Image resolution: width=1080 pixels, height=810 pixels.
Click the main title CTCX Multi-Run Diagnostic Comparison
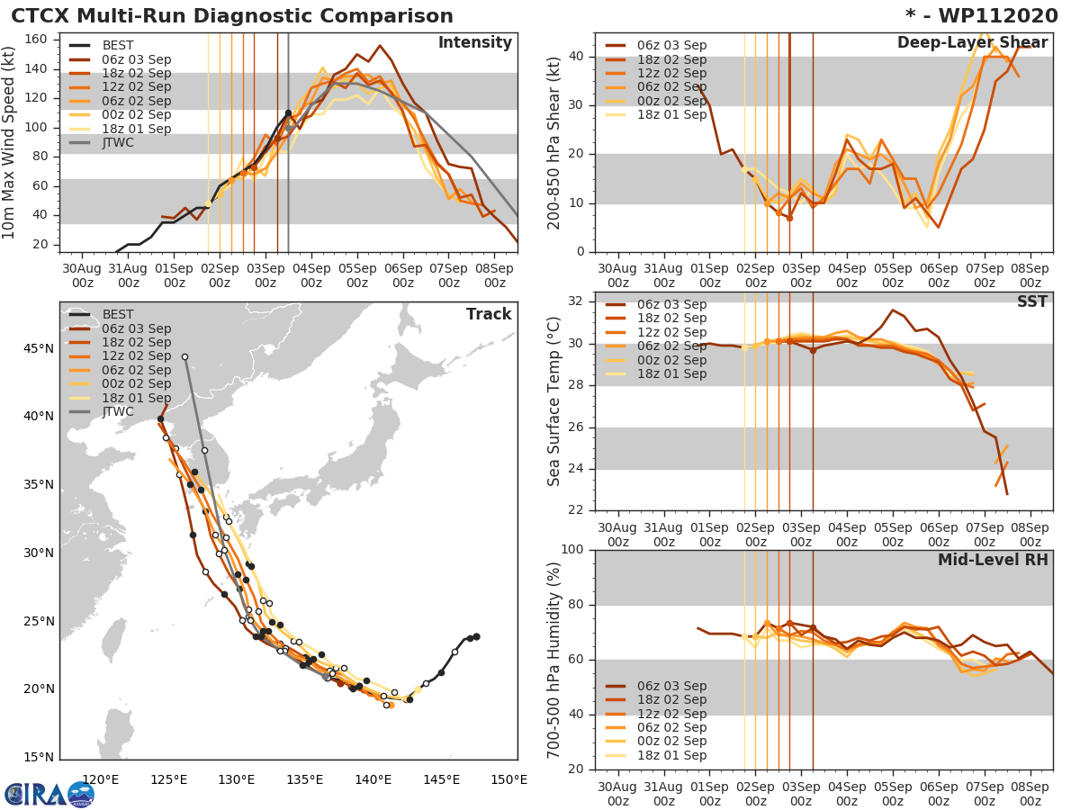tap(232, 16)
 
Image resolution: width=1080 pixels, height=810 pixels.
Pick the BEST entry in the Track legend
tap(117, 314)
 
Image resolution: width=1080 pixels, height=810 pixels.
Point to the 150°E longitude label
tap(508, 779)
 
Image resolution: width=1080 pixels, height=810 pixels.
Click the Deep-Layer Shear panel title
tap(972, 43)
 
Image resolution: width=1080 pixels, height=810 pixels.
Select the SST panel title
tap(1030, 301)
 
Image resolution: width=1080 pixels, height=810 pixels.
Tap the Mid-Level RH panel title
tap(993, 560)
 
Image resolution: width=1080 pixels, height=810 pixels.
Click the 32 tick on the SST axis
tap(576, 301)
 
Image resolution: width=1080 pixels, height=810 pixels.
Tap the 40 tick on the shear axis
tap(576, 57)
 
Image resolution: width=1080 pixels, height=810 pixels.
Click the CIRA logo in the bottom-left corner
tap(49, 793)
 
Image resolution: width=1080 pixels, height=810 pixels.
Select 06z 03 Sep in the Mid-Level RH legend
tap(670, 686)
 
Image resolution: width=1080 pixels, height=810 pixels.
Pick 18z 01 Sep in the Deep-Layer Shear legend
tap(670, 114)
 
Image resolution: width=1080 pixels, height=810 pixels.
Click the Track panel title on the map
tap(489, 314)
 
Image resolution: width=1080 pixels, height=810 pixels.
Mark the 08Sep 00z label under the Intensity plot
tap(494, 275)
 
